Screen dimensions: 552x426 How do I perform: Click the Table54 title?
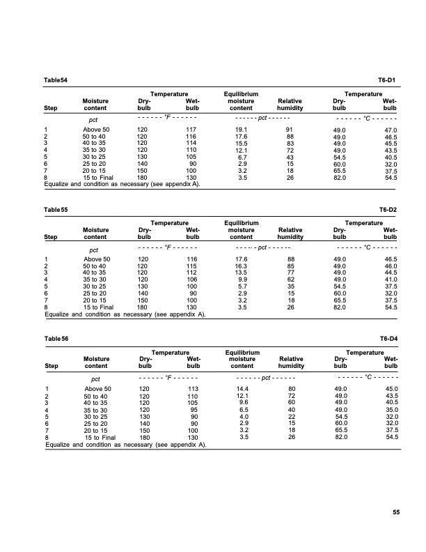[x=56, y=81]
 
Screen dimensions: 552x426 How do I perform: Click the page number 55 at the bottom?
[x=395, y=514]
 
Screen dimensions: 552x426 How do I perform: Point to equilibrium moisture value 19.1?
[x=242, y=130]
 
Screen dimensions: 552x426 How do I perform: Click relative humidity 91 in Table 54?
[x=290, y=130]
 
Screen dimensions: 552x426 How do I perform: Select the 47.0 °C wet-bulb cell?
[x=390, y=130]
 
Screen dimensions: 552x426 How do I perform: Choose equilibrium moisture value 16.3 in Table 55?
[x=242, y=266]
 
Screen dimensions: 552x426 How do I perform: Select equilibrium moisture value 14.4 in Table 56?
[x=242, y=388]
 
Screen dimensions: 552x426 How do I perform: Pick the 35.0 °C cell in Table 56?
[x=390, y=410]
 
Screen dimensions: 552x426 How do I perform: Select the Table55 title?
[x=56, y=209]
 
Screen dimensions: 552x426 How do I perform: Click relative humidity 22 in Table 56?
[x=290, y=417]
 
